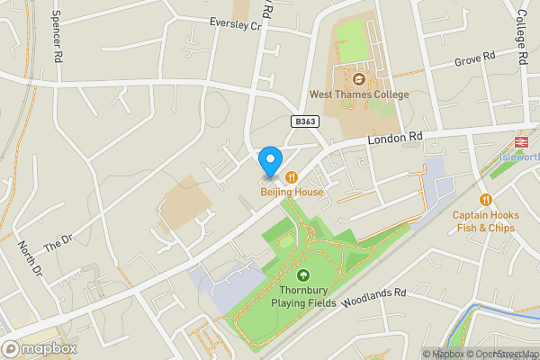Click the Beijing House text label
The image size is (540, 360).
[x=292, y=193]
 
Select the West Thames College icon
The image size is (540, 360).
[x=358, y=79]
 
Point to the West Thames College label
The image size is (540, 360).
[x=358, y=94]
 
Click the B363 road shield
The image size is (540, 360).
[x=306, y=121]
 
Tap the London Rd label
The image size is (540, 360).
[x=394, y=139]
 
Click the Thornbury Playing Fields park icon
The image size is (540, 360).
[x=303, y=276]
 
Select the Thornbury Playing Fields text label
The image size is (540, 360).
[x=302, y=296]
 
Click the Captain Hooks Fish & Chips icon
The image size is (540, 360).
[x=486, y=200]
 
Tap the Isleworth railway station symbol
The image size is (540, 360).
[x=520, y=141]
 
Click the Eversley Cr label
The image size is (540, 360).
[x=234, y=24]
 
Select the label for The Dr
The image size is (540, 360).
[x=57, y=243]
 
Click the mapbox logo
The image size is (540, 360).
[x=40, y=348]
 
